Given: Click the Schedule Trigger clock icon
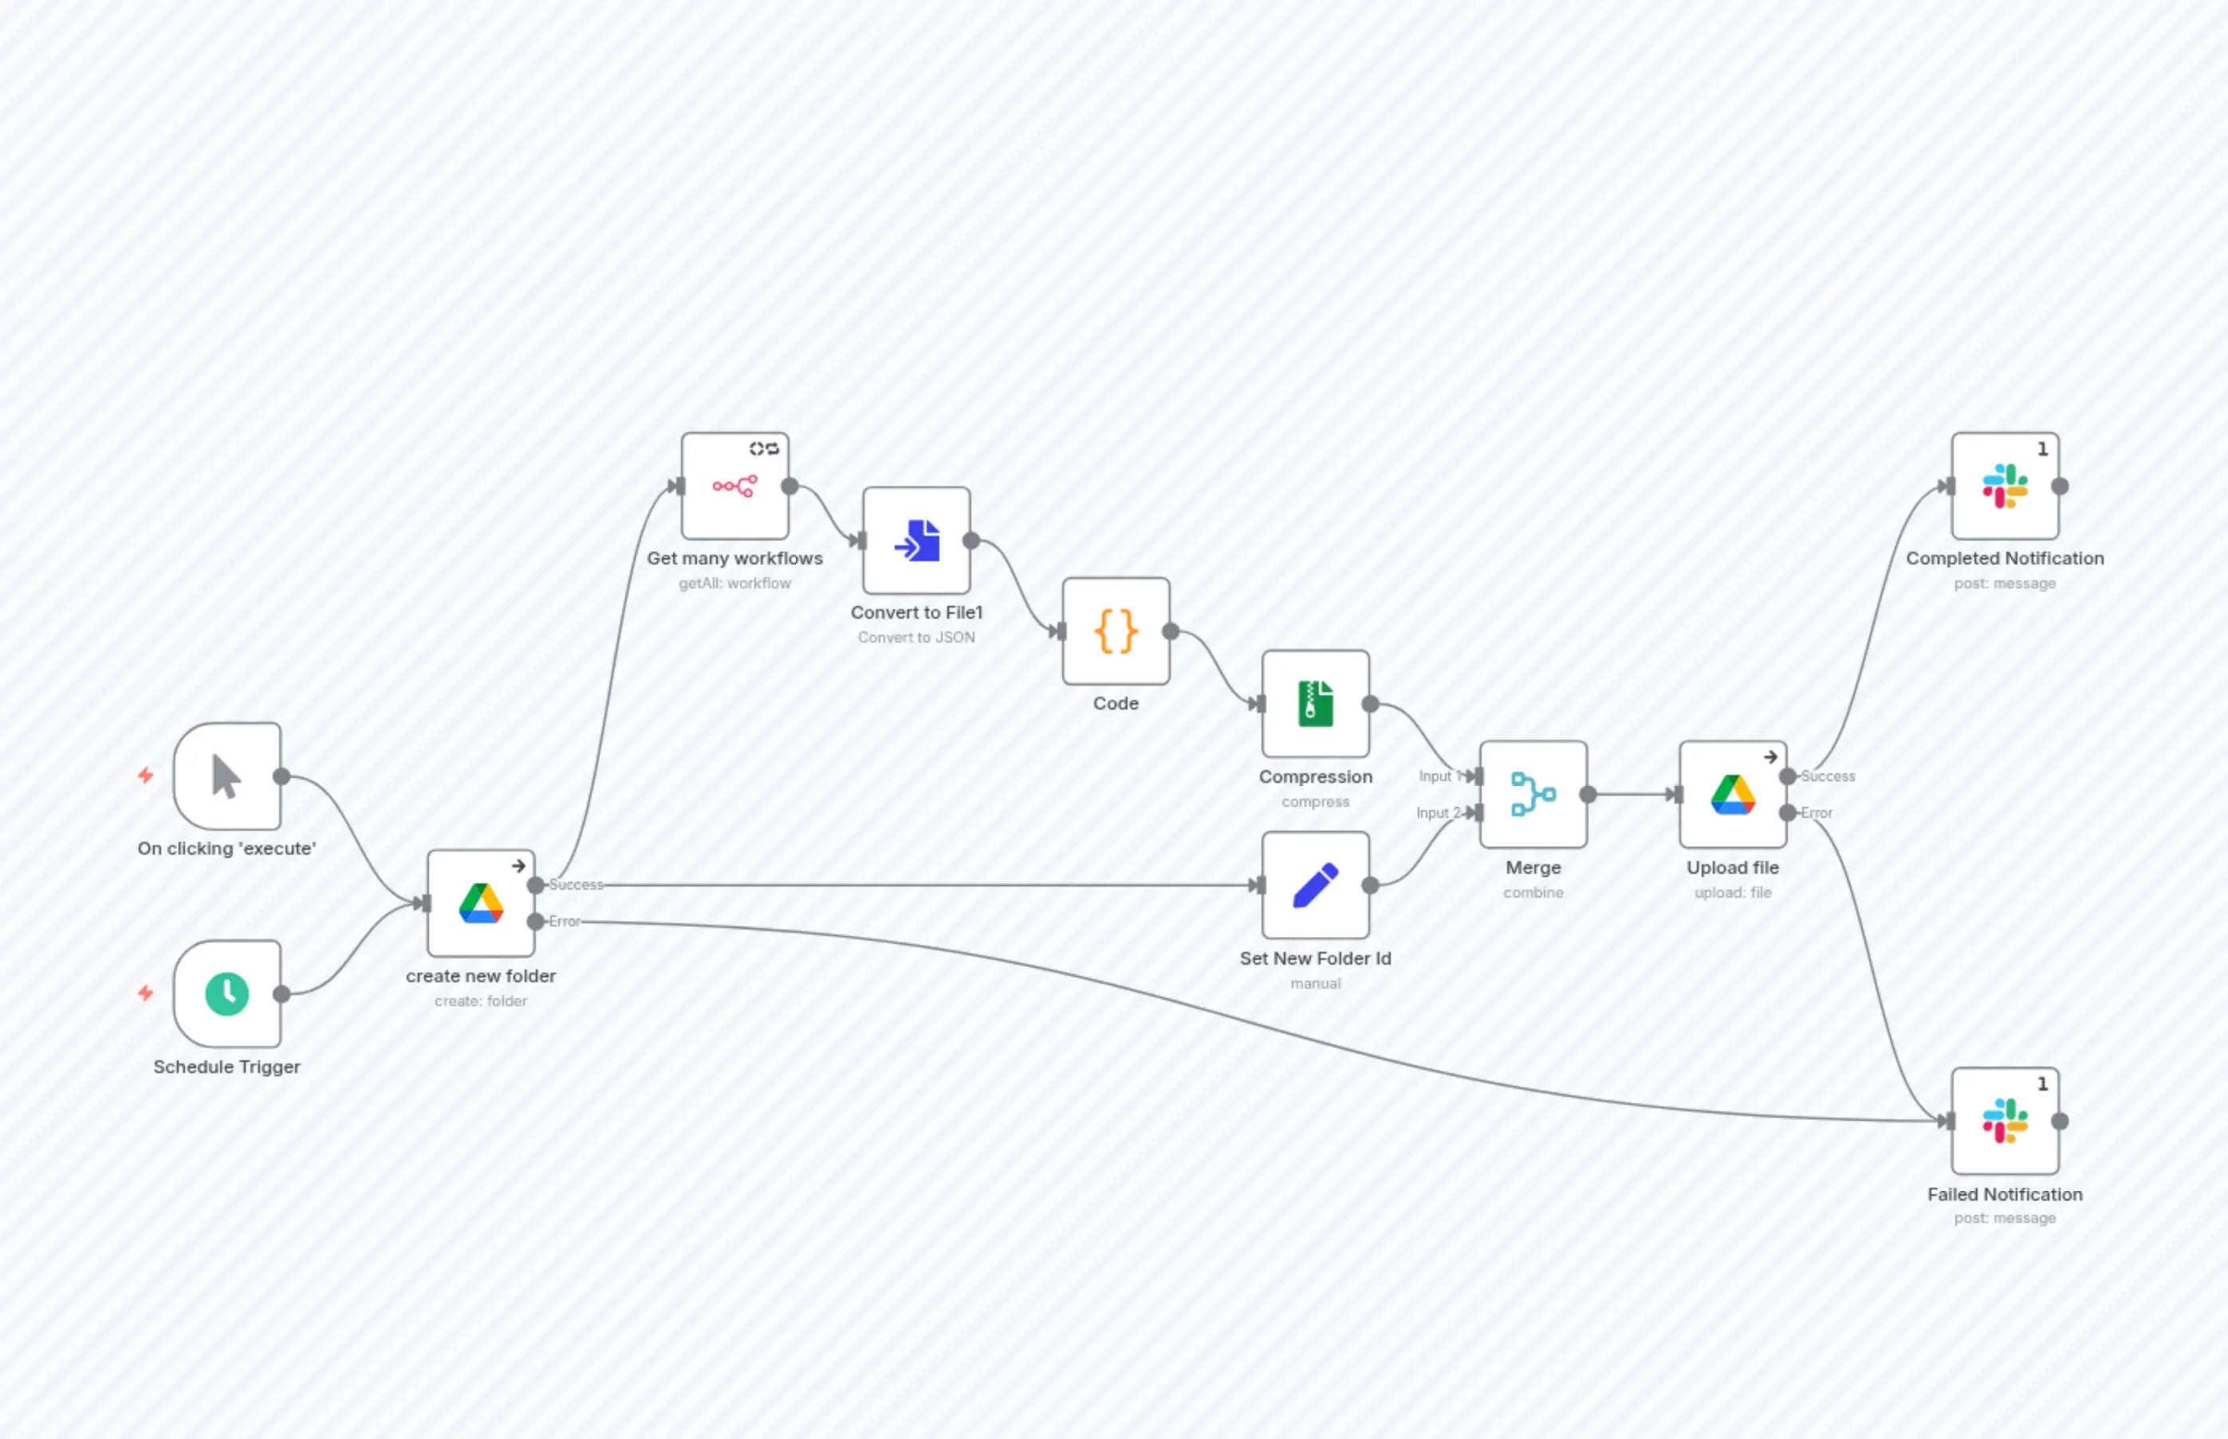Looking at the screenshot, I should click(226, 993).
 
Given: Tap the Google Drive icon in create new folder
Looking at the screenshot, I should click(480, 902).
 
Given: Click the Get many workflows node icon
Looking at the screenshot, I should click(734, 486).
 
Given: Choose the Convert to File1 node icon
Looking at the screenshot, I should click(917, 540).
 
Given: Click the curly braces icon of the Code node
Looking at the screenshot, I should click(1116, 631).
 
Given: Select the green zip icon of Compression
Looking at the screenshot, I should click(1315, 704).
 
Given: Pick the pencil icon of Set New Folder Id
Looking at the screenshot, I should click(1315, 885).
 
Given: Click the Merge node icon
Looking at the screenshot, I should click(1533, 794).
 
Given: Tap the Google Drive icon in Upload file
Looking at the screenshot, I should click(1733, 794).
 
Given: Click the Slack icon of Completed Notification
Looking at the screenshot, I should click(2005, 486).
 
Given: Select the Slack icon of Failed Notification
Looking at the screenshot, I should click(2005, 1120).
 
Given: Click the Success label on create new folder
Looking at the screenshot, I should click(576, 884).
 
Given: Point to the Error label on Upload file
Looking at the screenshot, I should click(1816, 813).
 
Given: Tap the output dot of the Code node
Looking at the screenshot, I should click(1170, 631).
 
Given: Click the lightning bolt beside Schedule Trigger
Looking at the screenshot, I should click(146, 993).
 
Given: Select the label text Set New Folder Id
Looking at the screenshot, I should click(1315, 957).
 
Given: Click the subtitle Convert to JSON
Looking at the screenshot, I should click(916, 637).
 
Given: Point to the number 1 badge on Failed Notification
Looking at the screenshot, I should click(2042, 1084).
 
